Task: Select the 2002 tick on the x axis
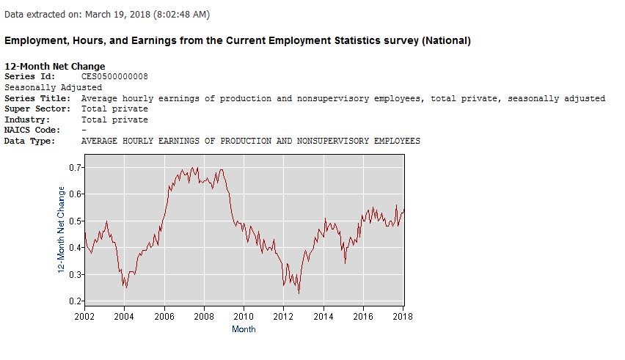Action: (84, 316)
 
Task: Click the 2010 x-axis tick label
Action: (244, 316)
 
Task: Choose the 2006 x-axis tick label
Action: (164, 316)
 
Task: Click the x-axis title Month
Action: (244, 329)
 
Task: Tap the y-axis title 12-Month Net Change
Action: (62, 230)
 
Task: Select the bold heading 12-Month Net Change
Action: (55, 67)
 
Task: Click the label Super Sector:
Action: (35, 109)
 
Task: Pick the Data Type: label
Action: (30, 141)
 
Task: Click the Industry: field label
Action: (27, 120)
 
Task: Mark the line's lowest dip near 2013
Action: (299, 293)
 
